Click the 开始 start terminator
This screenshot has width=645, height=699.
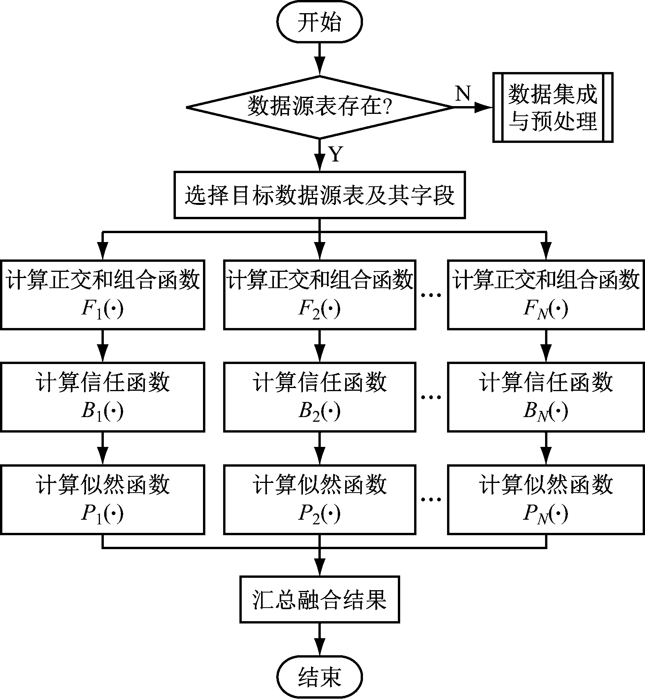tap(319, 22)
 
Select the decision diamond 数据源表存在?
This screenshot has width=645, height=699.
tap(319, 107)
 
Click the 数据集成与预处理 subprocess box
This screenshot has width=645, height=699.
tap(552, 107)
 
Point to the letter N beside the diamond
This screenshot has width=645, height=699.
tap(463, 93)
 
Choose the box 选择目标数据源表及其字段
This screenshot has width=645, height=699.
tap(319, 195)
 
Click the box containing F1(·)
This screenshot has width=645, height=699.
tap(102, 295)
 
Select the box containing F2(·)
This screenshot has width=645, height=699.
tap(319, 295)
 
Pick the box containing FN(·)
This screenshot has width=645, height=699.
tap(546, 295)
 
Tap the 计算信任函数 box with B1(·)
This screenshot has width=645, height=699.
tap(102, 397)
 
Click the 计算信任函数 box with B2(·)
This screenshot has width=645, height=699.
tap(319, 397)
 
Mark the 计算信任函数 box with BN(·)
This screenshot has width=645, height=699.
tap(546, 397)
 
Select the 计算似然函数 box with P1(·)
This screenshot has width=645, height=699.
tap(102, 500)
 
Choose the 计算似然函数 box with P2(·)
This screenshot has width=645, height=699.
tap(319, 500)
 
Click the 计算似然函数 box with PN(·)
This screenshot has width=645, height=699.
tap(546, 500)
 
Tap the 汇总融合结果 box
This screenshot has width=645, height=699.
tap(319, 599)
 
